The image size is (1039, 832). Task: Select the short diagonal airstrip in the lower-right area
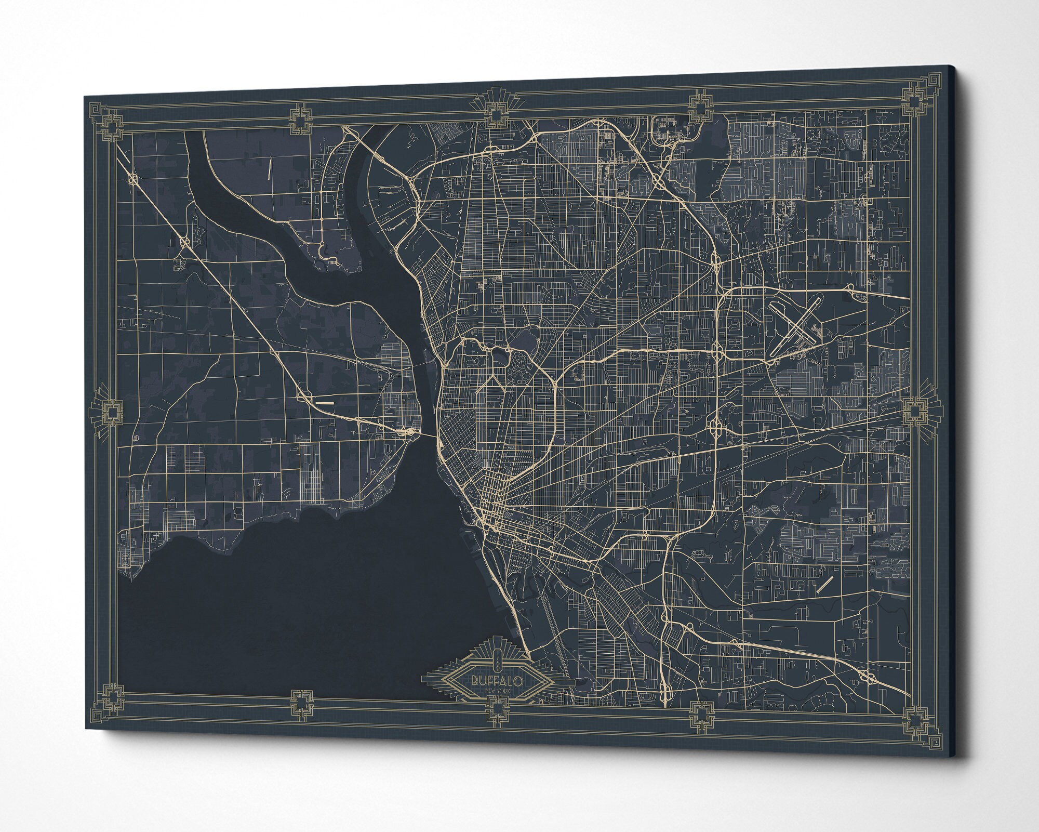(x=825, y=584)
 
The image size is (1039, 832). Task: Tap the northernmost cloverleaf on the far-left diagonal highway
(x=134, y=178)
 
